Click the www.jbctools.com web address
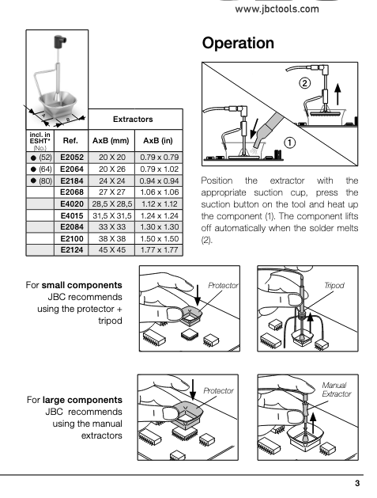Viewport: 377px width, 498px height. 277,9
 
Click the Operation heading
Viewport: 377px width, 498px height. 238,43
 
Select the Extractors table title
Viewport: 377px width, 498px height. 133,119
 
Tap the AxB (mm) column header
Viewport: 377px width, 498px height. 111,140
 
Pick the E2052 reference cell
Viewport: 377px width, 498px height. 72,158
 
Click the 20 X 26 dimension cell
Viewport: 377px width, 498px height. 112,169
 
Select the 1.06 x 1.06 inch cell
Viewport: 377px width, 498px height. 159,192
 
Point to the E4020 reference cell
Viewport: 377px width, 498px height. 72,204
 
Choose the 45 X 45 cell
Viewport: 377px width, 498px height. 112,250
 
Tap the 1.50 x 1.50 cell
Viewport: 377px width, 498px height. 159,238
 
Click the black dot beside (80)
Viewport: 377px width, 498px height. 33,181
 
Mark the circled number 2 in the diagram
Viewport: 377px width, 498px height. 304,83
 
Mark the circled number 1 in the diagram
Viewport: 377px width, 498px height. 289,143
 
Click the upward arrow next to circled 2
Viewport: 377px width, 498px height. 338,94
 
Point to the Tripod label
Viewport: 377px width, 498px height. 334,285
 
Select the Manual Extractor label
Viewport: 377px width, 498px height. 337,390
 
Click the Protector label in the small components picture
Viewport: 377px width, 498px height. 223,286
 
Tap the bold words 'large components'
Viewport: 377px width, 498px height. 82,400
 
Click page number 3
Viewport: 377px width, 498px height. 357,483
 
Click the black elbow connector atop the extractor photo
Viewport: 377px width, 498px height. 60,41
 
